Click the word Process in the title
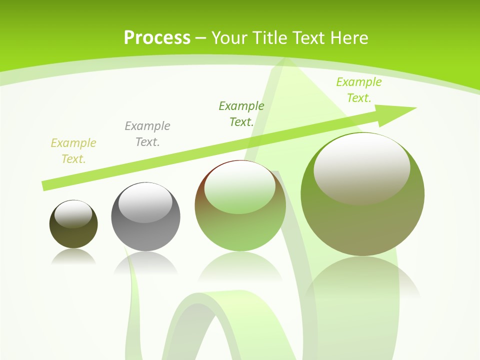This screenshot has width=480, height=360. pyautogui.click(x=157, y=38)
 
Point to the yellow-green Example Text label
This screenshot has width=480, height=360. pyautogui.click(x=73, y=151)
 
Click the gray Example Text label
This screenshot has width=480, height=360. pyautogui.click(x=147, y=133)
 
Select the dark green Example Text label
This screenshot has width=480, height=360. pyautogui.click(x=241, y=113)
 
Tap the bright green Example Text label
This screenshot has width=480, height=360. pyautogui.click(x=358, y=89)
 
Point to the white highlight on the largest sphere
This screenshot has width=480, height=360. pyautogui.click(x=361, y=167)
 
